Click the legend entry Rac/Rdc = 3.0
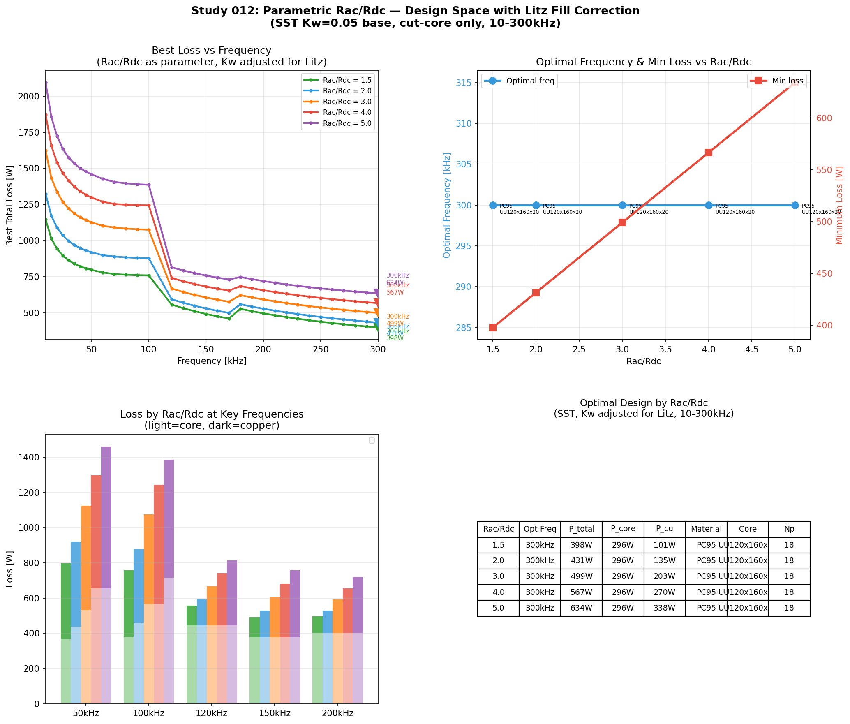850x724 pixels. [347, 102]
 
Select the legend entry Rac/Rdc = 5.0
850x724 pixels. [347, 123]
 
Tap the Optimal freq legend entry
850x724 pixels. [530, 81]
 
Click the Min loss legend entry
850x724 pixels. [787, 81]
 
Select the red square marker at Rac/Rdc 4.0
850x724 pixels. [709, 153]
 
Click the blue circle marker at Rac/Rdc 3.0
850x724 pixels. [622, 205]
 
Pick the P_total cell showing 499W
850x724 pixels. [581, 576]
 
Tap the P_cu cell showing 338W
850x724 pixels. [664, 608]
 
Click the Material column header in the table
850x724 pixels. [706, 529]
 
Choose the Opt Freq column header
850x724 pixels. [540, 529]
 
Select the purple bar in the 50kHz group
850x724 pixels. [106, 522]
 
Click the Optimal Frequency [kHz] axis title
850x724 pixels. [447, 205]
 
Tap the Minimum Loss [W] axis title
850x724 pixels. [839, 205]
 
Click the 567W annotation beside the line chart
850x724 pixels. [395, 293]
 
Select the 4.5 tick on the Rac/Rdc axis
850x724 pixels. [752, 349]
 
